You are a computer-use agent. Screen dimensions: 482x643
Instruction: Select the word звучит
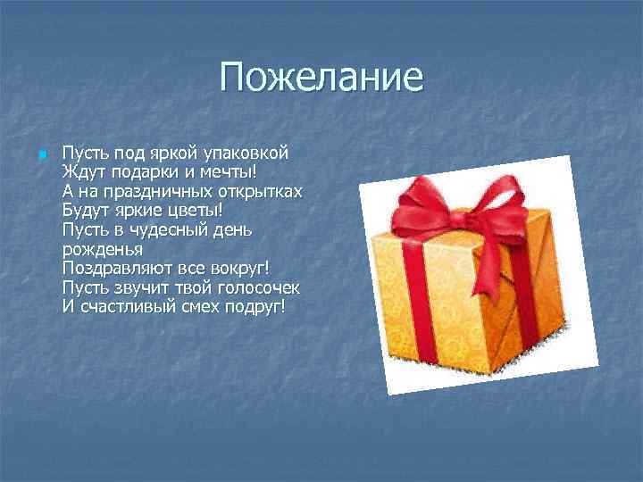[134, 288]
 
